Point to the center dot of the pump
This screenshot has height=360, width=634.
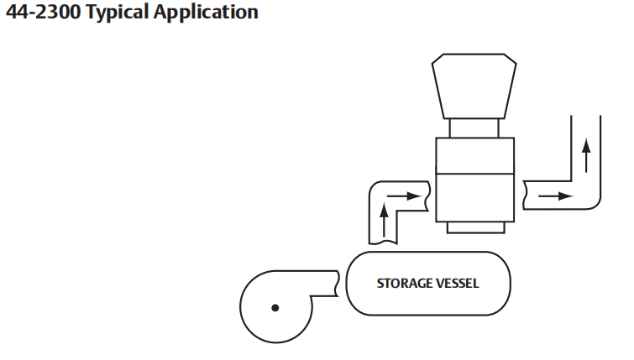275,309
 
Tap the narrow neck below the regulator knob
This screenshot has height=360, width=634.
473,127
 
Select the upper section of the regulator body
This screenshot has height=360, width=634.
473,155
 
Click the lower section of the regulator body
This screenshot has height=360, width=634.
473,197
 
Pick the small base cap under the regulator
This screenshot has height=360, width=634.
473,227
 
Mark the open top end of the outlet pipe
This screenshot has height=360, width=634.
585,114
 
